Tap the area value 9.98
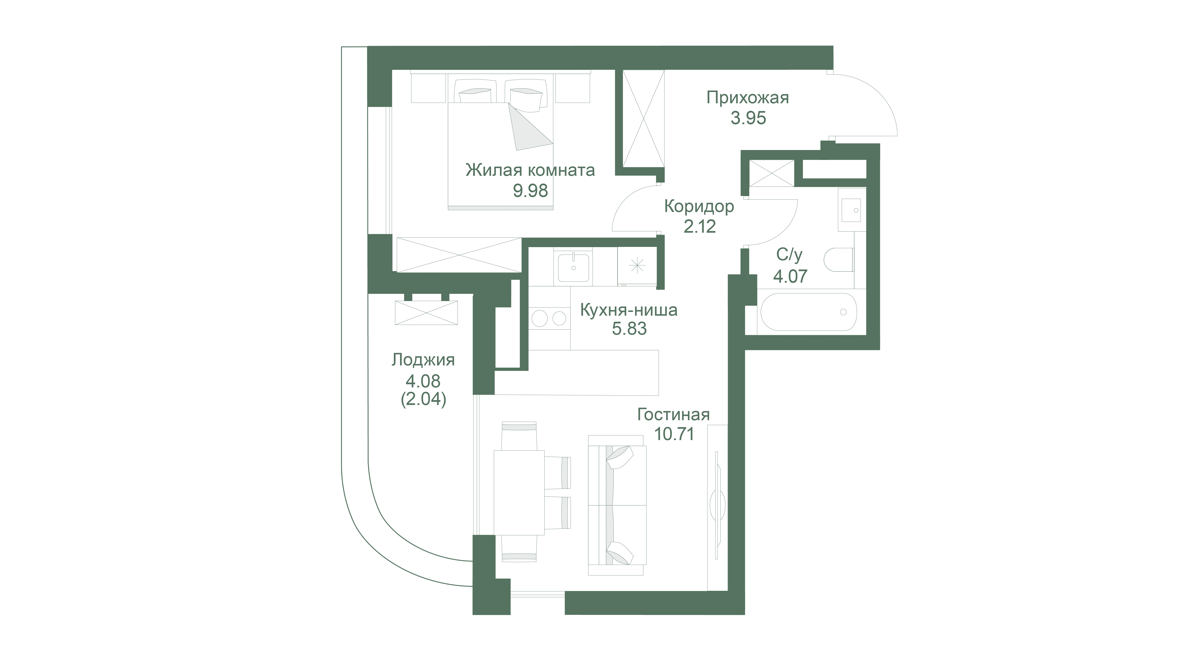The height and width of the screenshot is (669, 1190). (530, 190)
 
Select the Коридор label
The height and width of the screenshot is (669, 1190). (699, 207)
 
